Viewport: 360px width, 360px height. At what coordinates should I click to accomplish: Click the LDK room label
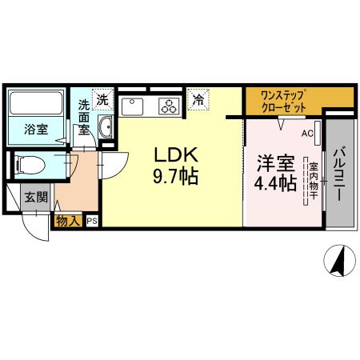point(170,154)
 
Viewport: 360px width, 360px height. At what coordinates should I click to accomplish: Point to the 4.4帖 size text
point(275,182)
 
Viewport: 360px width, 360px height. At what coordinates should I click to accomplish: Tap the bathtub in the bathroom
point(37,104)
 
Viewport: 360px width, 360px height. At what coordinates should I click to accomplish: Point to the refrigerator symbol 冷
point(196,100)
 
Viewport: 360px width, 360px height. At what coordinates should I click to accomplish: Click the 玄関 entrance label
point(34,197)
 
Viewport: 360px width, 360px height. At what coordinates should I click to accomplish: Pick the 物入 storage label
point(69,222)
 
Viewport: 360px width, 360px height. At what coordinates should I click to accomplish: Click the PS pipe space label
point(92,222)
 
